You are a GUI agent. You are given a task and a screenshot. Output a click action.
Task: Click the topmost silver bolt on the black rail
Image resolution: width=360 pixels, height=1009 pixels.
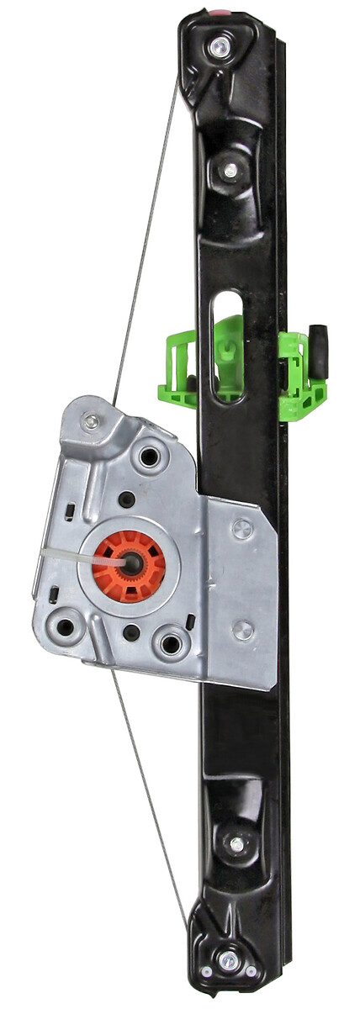coord(220,46)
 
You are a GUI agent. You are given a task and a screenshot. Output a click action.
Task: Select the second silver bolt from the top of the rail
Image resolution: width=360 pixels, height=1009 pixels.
coord(230,171)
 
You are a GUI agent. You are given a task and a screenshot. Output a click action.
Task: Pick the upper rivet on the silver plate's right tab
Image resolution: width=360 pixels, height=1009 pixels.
coord(242,528)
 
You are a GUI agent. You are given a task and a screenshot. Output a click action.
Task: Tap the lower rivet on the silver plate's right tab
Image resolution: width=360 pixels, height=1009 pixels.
coord(242,630)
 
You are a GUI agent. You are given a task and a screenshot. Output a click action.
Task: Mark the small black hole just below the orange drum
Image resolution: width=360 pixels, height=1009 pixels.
coord(131,631)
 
